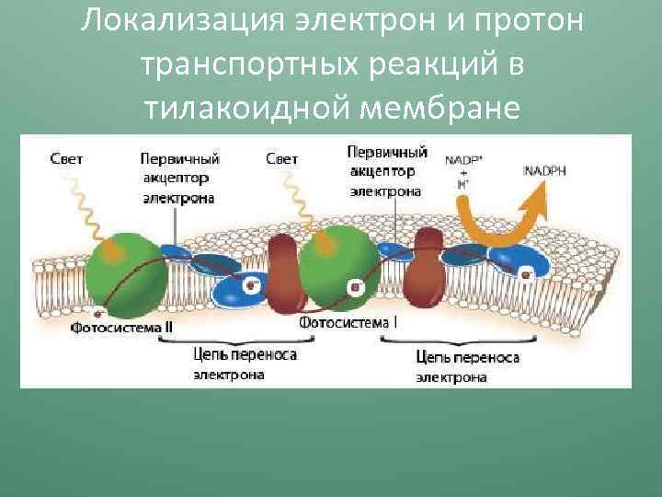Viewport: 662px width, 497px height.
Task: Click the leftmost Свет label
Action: tap(65, 159)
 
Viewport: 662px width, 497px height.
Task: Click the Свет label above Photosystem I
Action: tap(281, 159)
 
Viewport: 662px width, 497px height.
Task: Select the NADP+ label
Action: tap(462, 160)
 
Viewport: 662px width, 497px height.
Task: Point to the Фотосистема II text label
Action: tap(122, 326)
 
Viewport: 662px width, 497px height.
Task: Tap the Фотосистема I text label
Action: tap(348, 323)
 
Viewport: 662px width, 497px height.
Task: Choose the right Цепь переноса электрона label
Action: tap(467, 365)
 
